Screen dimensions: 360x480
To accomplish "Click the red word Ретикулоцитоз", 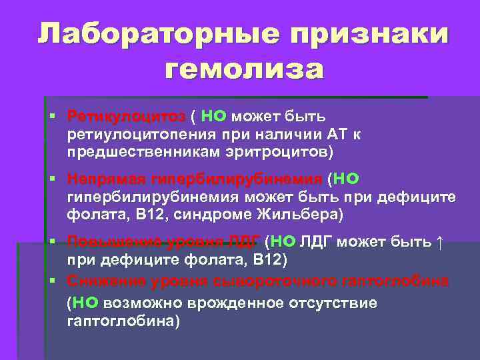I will click(126, 117).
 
